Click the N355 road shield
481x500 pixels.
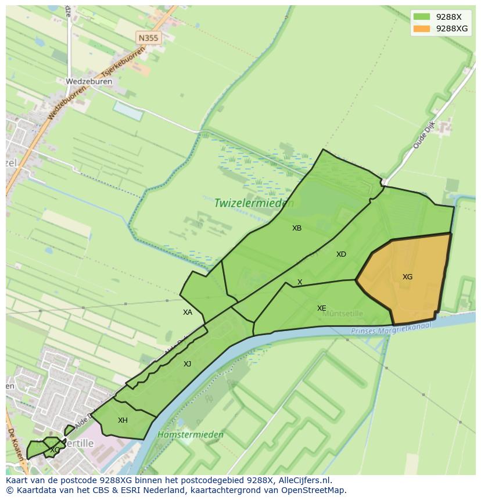148,38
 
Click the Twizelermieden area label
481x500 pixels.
254,203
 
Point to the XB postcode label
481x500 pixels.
297,228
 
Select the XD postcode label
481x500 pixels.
341,254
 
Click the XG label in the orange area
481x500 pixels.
407,277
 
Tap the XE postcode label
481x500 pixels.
321,308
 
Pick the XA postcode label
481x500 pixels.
187,312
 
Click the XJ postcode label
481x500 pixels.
187,364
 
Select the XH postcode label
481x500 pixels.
123,420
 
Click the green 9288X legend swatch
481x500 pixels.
422,16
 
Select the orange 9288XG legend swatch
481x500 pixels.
422,28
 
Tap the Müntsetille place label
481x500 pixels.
343,314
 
